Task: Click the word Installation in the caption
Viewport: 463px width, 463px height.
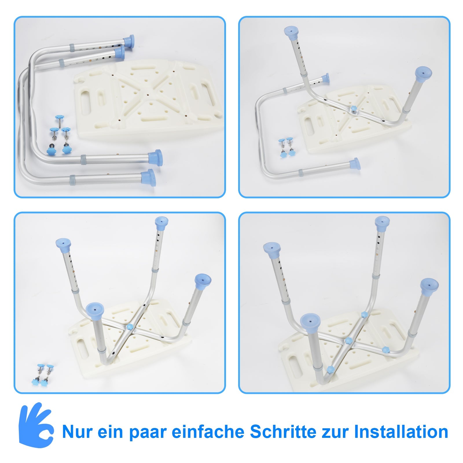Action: pyautogui.click(x=401, y=432)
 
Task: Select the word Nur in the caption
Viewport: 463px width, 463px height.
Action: pyautogui.click(x=77, y=432)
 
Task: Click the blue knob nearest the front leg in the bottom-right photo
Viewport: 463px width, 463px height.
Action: pyautogui.click(x=330, y=369)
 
